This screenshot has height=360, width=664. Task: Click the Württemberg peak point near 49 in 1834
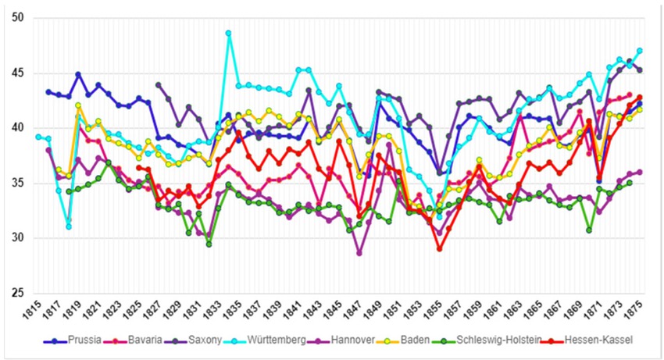coord(229,33)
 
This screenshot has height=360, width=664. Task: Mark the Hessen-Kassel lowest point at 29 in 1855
coord(440,249)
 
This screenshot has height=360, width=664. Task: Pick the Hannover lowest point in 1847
coord(359,253)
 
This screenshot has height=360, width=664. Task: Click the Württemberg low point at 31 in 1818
coord(68,226)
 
